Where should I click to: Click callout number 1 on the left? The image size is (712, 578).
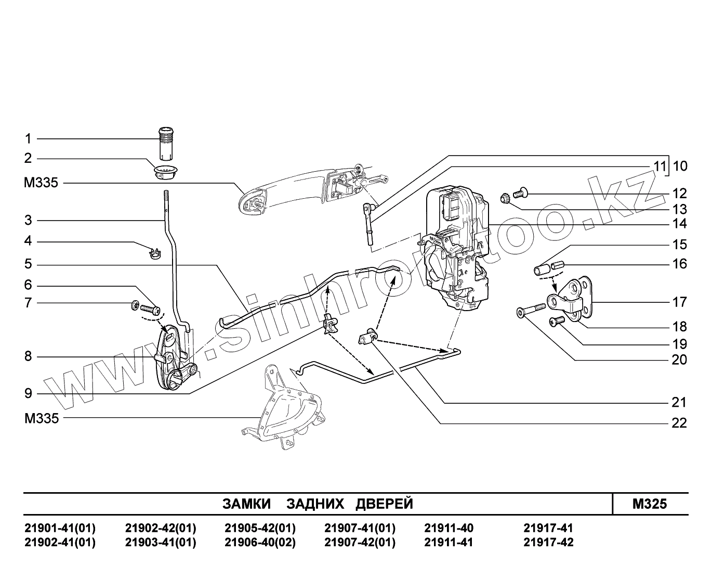pos(28,139)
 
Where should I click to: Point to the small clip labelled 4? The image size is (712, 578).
pos(154,253)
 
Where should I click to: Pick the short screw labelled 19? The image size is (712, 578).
pos(557,322)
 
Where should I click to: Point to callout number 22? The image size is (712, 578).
pos(679,423)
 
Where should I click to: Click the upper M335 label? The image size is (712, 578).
pos(41,183)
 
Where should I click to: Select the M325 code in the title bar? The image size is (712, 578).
pos(650,504)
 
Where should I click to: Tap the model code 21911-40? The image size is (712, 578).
pos(449,528)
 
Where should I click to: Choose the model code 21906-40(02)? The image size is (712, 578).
pos(260,542)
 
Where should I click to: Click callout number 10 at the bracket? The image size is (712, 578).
pos(680,166)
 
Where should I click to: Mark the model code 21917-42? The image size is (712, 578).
pos(548,542)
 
